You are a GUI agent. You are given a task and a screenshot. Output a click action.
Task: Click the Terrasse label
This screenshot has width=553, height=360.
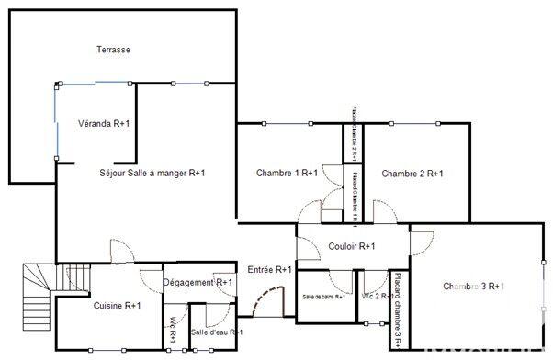[x=113, y=50]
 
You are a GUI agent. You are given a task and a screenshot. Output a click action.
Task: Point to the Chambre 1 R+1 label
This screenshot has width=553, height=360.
[x=288, y=173]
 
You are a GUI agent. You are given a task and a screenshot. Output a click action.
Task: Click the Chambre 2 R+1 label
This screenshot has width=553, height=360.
[x=412, y=173]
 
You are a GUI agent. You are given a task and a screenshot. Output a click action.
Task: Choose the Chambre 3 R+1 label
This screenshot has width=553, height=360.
[x=474, y=287]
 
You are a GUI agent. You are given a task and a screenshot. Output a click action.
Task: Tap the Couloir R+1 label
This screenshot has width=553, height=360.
[x=352, y=246]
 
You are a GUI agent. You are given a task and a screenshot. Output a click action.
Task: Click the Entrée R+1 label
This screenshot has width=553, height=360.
[x=270, y=269]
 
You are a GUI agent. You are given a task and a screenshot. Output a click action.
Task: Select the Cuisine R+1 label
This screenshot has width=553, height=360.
[x=117, y=305]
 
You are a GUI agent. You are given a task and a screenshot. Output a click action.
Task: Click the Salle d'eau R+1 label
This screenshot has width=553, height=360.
[x=216, y=332]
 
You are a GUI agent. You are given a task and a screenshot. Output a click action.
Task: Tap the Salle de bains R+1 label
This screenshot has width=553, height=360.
[x=324, y=297]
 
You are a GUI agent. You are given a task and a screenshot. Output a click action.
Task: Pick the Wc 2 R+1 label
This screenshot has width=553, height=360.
[x=375, y=297]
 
